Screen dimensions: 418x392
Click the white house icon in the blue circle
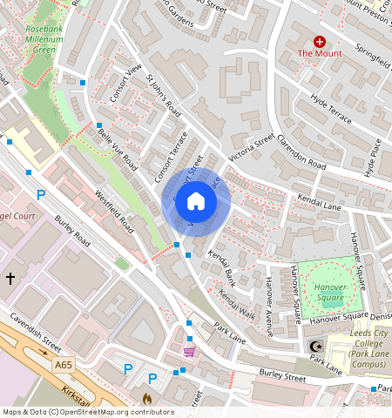[196, 201]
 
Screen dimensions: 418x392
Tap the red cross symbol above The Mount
[320, 41]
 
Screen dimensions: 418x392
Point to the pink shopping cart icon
[190, 351]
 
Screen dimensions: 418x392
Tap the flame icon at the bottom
[147, 399]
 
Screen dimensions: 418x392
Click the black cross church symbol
[10, 279]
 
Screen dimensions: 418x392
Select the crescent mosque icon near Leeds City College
[315, 347]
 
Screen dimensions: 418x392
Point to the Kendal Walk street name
[236, 304]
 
